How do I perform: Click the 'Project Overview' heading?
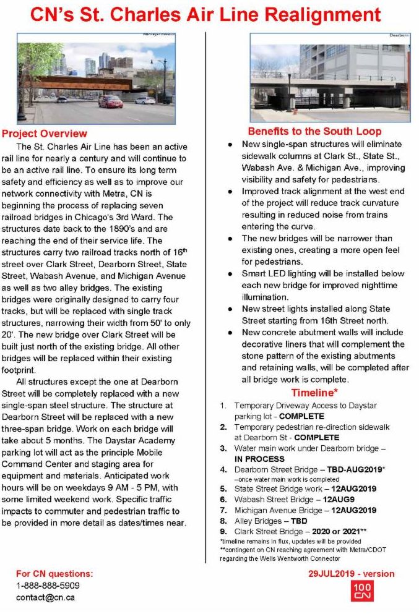click(44, 134)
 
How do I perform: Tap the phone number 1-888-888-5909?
click(48, 585)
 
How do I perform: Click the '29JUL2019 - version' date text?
click(351, 574)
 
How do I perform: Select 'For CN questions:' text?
click(55, 574)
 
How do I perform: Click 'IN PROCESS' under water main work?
click(259, 459)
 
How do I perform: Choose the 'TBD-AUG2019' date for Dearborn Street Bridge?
click(350, 470)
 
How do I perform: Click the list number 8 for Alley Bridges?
click(223, 521)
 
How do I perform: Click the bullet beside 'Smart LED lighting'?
click(230, 273)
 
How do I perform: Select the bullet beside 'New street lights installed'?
click(230, 309)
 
